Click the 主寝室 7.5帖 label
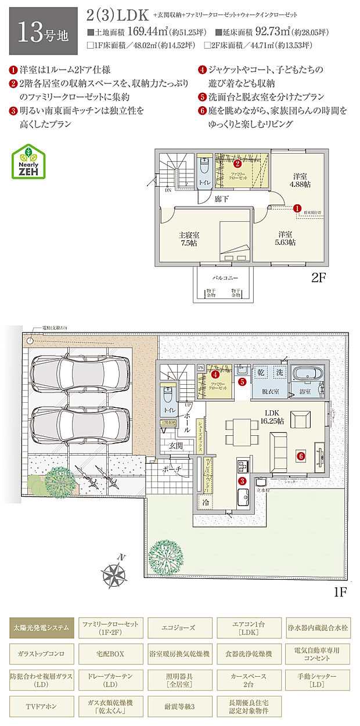pos(189,239)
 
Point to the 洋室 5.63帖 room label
pos(285,239)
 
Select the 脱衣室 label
pos(271,392)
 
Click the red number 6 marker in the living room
pos(301,456)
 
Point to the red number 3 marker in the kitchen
pos(243,481)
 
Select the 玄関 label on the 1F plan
pos(176,445)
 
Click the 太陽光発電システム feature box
pos(41,627)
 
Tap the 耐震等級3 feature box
pos(179,707)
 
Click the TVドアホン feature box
pos(41,707)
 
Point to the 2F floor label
pos(319,277)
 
